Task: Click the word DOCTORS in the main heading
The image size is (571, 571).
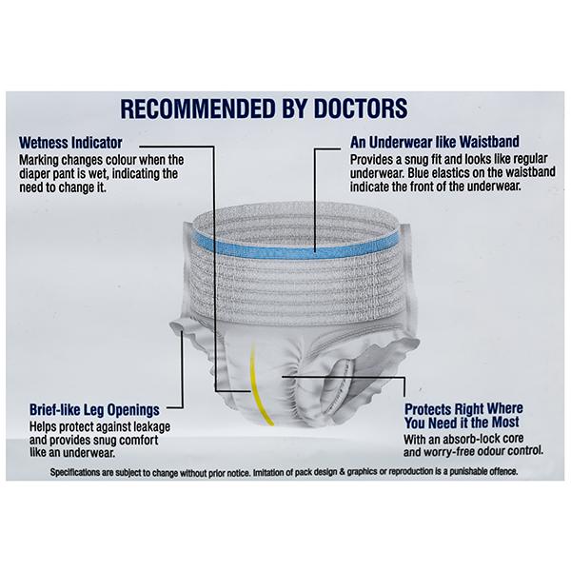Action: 361,108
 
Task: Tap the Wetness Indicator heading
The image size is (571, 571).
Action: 70,143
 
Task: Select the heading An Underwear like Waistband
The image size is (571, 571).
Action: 435,142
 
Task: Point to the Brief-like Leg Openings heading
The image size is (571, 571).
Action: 94,410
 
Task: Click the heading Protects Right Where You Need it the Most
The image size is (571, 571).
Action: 463,416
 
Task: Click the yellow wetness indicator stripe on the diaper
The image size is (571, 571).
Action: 259,386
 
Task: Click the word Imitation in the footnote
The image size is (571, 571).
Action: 268,473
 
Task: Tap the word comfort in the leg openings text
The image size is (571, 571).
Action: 139,440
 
